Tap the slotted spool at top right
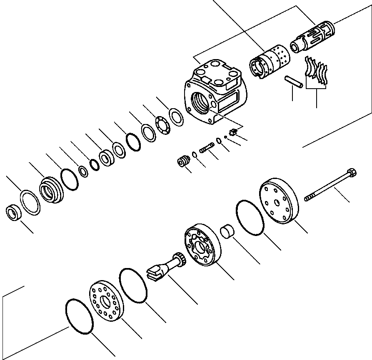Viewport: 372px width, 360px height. pos(313,38)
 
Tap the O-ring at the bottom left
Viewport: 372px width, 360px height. pos(79,315)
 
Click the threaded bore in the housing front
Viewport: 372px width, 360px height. pos(201,102)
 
